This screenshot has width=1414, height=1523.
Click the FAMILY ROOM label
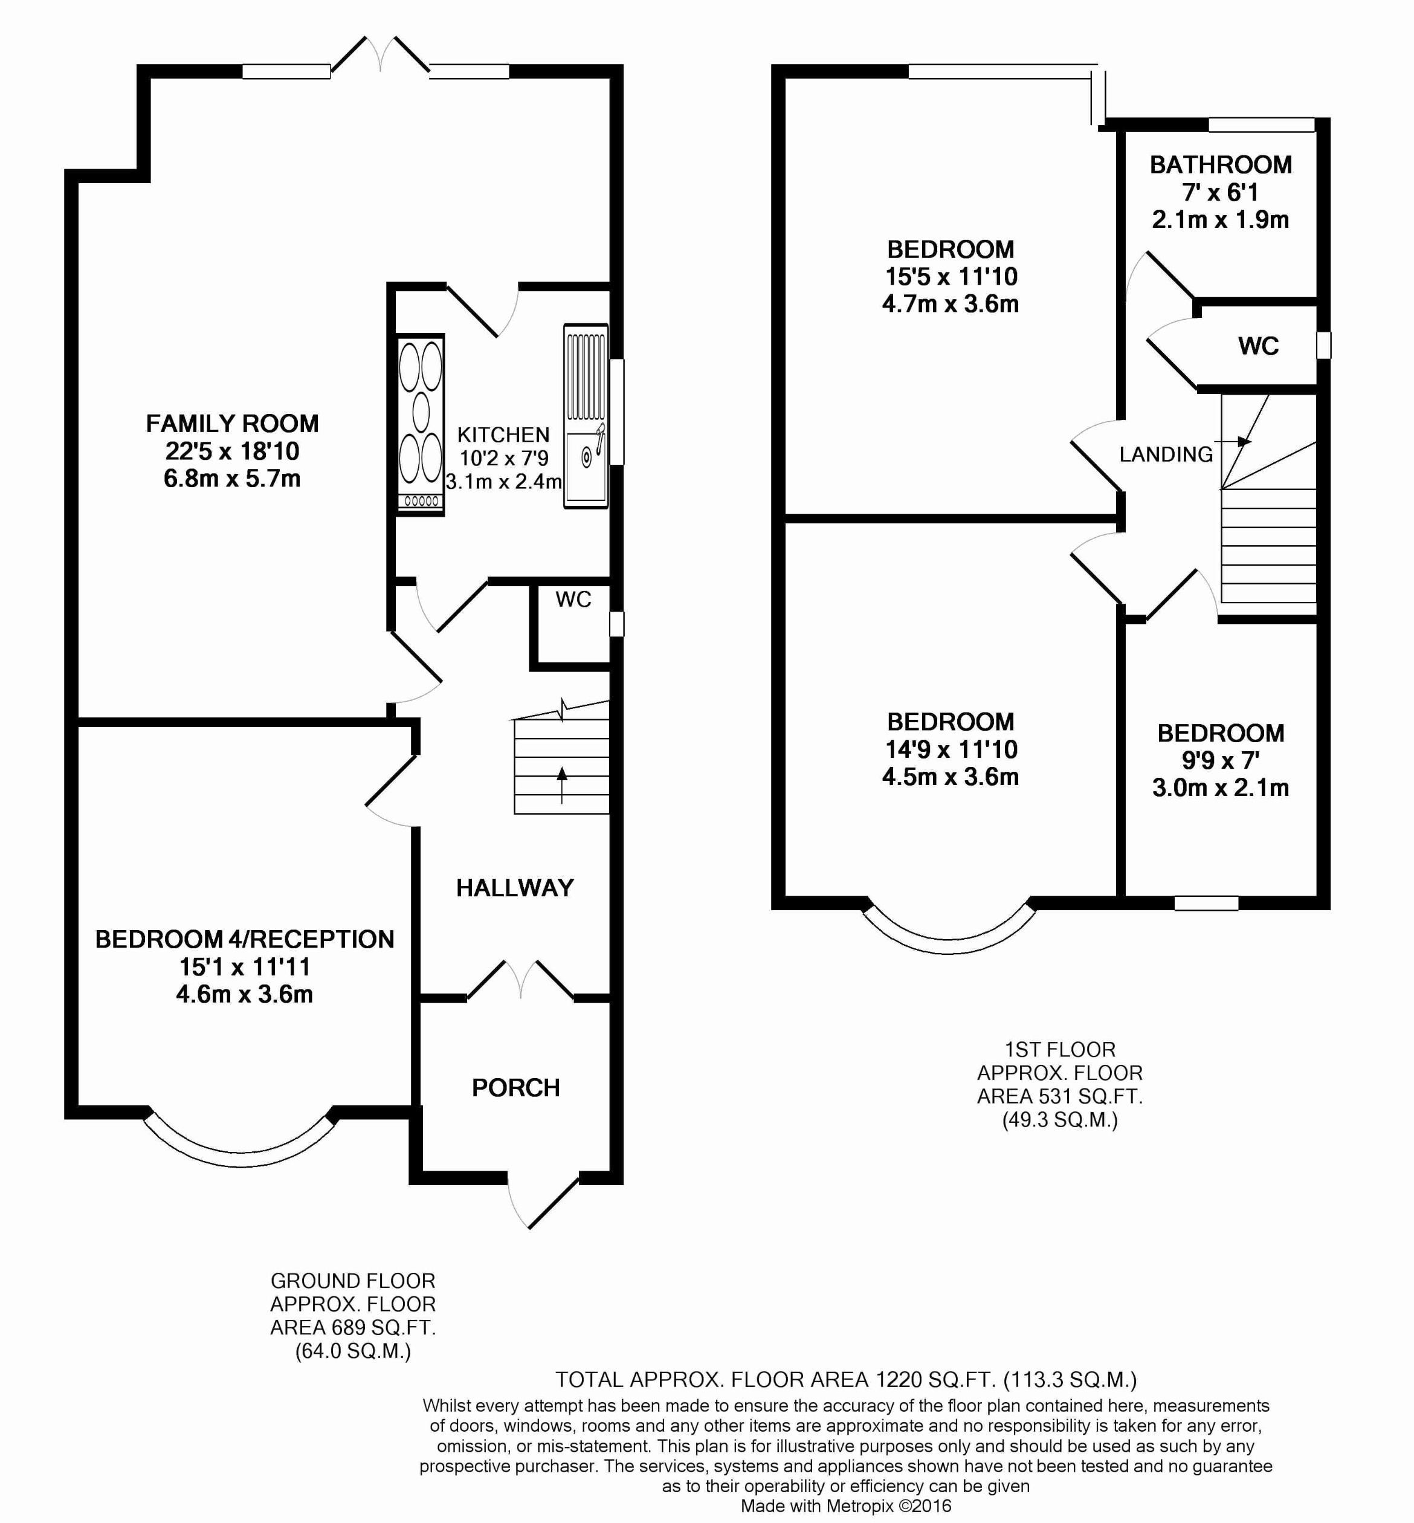click(232, 423)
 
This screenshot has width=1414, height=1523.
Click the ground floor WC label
click(573, 600)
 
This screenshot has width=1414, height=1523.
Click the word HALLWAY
click(514, 888)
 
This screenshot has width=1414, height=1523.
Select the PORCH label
click(515, 1087)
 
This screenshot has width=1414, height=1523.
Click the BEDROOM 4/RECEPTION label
click(244, 939)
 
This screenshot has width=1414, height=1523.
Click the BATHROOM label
click(1221, 164)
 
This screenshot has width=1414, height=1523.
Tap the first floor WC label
click(1258, 346)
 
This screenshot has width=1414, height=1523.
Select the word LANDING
click(1165, 454)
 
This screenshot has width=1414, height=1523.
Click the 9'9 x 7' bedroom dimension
click(1221, 760)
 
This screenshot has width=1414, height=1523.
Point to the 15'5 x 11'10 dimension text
click(951, 276)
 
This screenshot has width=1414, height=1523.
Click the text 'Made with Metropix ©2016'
click(845, 1506)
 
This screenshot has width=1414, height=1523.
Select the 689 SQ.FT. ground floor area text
click(353, 1327)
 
